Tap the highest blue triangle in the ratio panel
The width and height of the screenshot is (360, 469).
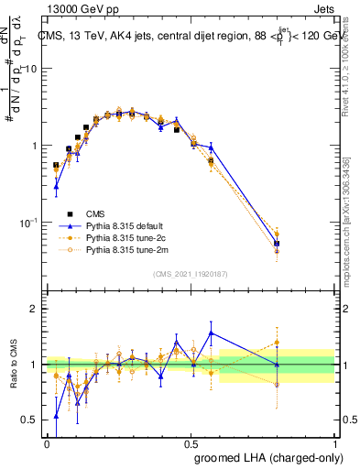click(x=212, y=333)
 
